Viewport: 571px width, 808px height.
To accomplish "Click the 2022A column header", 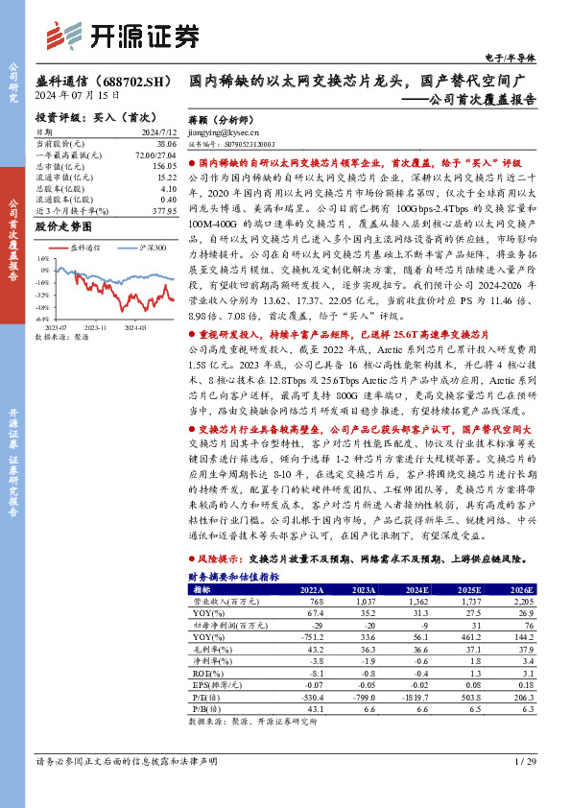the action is point(312,589).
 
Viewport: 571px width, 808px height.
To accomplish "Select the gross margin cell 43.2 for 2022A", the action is point(313,650).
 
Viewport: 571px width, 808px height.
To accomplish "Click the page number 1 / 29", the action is point(525,761).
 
